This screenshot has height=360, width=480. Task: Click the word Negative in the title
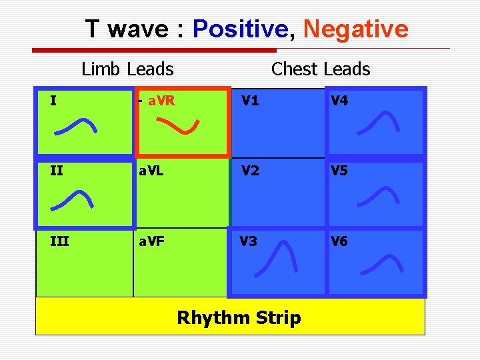tap(355, 29)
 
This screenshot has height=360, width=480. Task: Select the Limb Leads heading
tap(127, 69)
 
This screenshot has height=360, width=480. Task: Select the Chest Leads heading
tap(321, 69)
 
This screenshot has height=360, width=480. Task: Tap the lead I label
tap(53, 101)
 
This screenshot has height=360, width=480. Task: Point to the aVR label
tap(161, 101)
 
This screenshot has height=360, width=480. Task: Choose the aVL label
tap(151, 171)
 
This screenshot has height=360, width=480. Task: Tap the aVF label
tap(151, 241)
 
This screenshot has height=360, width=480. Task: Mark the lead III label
tap(59, 241)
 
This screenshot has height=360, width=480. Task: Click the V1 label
tap(251, 101)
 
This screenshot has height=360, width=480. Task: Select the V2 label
tap(251, 171)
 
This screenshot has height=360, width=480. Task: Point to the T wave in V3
tap(277, 257)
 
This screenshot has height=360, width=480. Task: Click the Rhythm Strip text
tap(239, 318)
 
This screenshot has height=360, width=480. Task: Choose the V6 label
tap(339, 241)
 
